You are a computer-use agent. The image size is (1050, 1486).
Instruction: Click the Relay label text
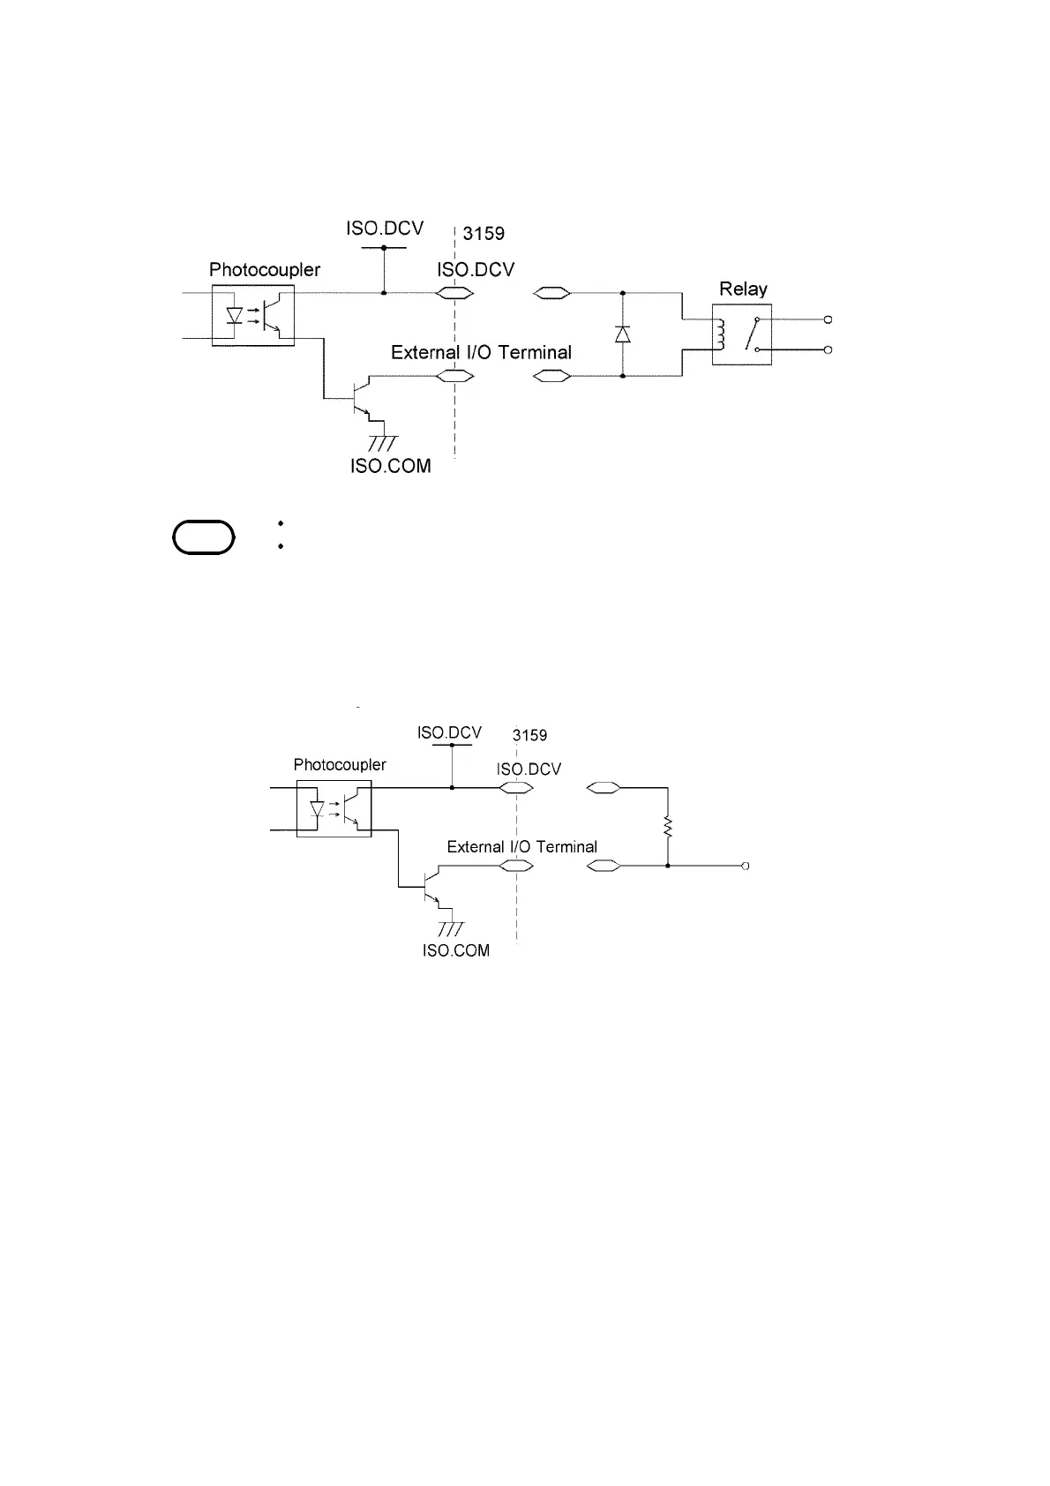pyautogui.click(x=743, y=289)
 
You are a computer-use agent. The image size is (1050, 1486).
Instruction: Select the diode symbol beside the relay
pyautogui.click(x=623, y=334)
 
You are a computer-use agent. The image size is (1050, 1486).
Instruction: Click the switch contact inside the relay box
pyautogui.click(x=753, y=334)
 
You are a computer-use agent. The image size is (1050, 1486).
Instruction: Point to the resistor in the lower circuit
pyautogui.click(x=668, y=828)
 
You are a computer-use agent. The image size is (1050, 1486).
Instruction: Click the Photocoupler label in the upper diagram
pyautogui.click(x=265, y=270)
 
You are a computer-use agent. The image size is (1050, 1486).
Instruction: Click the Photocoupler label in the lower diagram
pyautogui.click(x=340, y=765)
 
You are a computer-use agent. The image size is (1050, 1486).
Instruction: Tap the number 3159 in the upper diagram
pyautogui.click(x=484, y=234)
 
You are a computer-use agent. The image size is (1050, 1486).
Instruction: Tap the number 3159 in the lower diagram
pyautogui.click(x=529, y=735)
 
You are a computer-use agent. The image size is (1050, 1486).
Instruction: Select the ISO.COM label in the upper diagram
pyautogui.click(x=391, y=466)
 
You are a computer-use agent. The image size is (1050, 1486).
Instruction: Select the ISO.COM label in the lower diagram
pyautogui.click(x=456, y=950)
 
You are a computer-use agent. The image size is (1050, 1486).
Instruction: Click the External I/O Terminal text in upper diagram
pyautogui.click(x=481, y=353)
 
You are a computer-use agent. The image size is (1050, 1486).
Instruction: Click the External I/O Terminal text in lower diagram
pyautogui.click(x=521, y=847)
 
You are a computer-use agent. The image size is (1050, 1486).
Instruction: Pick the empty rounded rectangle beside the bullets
pyautogui.click(x=205, y=537)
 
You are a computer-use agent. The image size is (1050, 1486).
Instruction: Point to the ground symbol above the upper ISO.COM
pyautogui.click(x=382, y=443)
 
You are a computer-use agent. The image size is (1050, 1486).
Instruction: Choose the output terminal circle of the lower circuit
pyautogui.click(x=746, y=867)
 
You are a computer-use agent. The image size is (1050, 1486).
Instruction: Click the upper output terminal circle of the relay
pyautogui.click(x=829, y=319)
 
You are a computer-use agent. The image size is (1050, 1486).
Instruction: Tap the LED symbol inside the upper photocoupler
pyautogui.click(x=235, y=315)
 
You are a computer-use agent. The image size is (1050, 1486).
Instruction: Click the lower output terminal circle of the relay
pyautogui.click(x=829, y=350)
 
